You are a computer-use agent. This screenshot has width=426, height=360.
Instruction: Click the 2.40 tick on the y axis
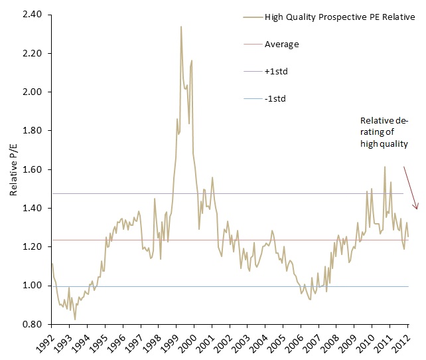click(32, 14)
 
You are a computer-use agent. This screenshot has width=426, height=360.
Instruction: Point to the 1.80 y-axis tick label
click(32, 130)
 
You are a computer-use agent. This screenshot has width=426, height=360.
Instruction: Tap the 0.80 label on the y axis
click(32, 324)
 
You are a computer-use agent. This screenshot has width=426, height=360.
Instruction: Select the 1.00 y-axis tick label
click(32, 286)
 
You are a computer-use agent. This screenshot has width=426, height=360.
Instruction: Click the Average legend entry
click(281, 45)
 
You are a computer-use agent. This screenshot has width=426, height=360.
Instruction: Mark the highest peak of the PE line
click(180, 27)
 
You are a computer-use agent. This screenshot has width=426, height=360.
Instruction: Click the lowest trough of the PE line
click(75, 319)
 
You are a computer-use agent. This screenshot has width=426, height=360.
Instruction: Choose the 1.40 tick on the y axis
click(32, 208)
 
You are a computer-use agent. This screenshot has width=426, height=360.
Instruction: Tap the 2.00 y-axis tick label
click(32, 92)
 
